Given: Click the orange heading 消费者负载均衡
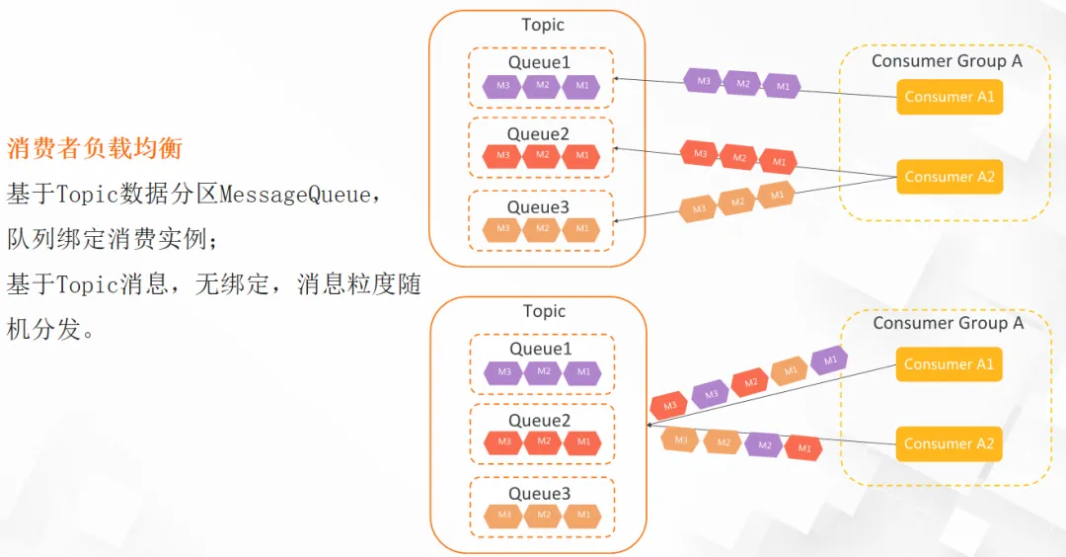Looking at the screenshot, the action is point(95,148).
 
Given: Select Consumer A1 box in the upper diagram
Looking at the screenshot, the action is point(950,97).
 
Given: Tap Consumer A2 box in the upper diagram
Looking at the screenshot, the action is point(950,177).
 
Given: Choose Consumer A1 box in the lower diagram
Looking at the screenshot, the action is point(949,363).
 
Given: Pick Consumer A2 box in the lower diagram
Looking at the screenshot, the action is point(949,444).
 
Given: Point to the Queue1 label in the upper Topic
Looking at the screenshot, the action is point(539,62).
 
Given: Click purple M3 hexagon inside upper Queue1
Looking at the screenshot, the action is point(502,86).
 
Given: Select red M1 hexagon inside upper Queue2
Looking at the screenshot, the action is point(582,156).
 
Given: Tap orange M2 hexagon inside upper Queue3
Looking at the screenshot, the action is point(542,229).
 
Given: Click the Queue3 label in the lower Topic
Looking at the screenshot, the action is point(540,494).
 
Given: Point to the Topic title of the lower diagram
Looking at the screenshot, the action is point(544,311).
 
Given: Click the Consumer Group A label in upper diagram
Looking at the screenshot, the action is point(947,61).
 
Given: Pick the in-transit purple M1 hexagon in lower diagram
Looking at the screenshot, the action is point(829,359).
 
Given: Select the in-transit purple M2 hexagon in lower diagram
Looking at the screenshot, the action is point(764,445).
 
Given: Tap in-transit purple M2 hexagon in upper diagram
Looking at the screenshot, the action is point(742,84).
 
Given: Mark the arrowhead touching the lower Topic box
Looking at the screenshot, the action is point(649,425).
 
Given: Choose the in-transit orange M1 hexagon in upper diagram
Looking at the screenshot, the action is point(777,196).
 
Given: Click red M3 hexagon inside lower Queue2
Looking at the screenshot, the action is point(503,442).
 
